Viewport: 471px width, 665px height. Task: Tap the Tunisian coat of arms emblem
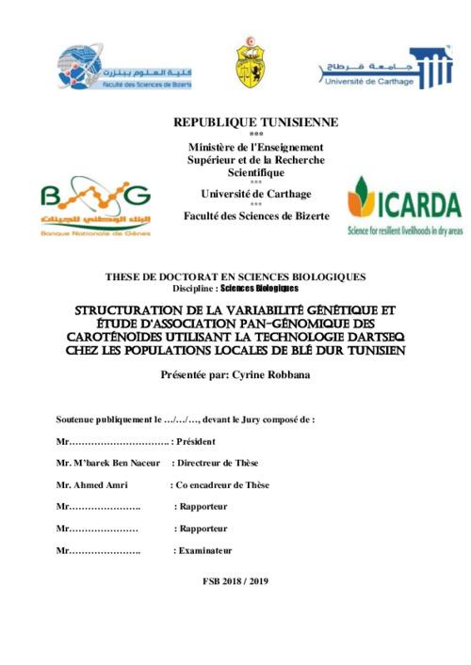(249, 67)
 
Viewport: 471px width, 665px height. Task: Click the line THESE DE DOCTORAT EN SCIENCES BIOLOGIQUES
(236, 277)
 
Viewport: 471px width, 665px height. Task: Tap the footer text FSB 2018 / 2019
(235, 581)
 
